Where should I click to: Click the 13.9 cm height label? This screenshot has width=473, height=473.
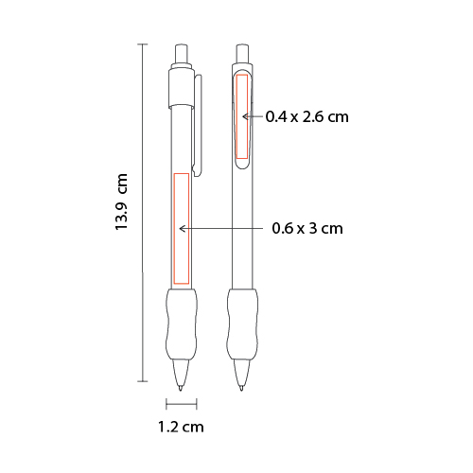[121, 201]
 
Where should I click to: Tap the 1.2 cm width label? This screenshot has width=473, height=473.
[181, 427]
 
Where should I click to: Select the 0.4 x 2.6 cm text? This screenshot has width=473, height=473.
[307, 116]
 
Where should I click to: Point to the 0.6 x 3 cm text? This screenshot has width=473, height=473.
[307, 228]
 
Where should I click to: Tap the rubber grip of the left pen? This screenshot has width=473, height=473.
[182, 324]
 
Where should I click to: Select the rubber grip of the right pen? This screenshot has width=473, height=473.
[242, 324]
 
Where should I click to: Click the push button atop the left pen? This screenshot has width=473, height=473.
[181, 54]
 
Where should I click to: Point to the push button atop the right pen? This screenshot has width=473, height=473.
[242, 54]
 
